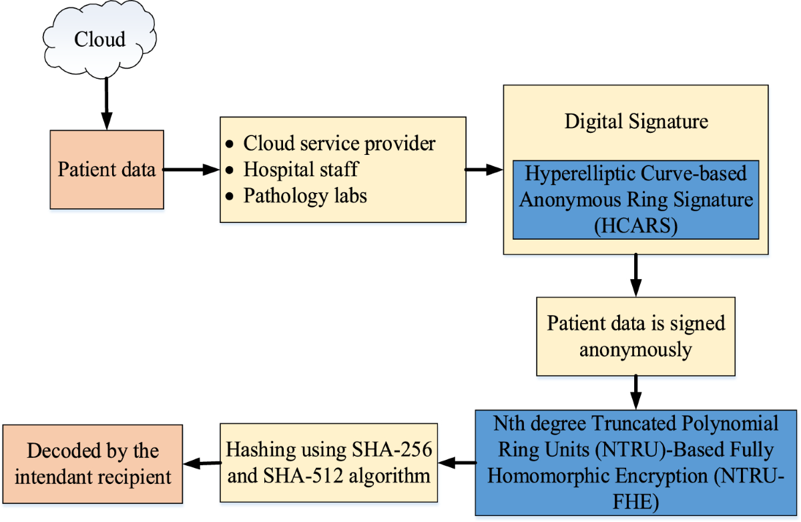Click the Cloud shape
point(99,39)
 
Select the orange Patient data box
point(107,170)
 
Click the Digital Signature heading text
point(635,122)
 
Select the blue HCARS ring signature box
point(635,200)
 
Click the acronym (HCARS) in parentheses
point(635,225)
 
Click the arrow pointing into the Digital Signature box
point(484,170)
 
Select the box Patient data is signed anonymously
point(635,336)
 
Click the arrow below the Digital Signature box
point(635,274)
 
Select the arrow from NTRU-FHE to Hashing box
point(457,463)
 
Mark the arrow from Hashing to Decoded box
point(202,463)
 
